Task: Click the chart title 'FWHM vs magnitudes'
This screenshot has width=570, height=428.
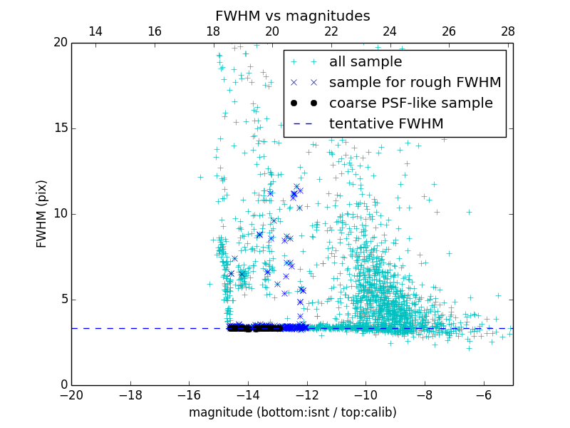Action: point(292,16)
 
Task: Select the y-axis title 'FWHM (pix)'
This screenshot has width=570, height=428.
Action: point(42,213)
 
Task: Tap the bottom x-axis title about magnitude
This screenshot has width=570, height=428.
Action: point(292,412)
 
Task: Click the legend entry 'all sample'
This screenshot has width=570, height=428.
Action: point(366,62)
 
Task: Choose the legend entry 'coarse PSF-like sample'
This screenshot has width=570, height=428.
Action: point(410,103)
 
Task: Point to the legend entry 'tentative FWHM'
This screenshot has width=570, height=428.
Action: point(386,124)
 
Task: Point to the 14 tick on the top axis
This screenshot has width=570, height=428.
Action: point(95,31)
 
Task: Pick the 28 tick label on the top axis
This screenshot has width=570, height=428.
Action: point(507,31)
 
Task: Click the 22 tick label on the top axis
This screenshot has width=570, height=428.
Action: point(331,31)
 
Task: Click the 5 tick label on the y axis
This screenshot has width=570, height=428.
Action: point(63,299)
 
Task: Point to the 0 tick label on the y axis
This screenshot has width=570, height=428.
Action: point(63,385)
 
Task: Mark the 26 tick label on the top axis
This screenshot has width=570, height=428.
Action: point(448,31)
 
